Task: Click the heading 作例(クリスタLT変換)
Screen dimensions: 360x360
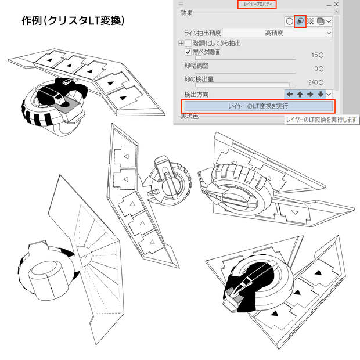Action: [73, 21]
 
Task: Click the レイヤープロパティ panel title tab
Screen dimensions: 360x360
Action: [257, 5]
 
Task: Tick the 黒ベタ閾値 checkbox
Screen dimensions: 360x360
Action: [188, 52]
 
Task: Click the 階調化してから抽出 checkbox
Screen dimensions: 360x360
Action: [188, 43]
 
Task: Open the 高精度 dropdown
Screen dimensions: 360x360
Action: [278, 33]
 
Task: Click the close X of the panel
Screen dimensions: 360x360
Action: [336, 4]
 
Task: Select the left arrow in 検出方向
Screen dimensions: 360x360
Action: [290, 94]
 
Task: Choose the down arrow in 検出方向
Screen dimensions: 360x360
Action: [321, 94]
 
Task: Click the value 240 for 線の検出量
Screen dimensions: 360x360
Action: [313, 82]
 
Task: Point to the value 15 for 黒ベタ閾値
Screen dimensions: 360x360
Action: [315, 55]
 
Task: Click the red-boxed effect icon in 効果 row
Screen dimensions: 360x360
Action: [300, 21]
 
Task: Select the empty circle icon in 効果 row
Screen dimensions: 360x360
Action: [290, 21]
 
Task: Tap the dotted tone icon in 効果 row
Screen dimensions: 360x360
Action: [310, 21]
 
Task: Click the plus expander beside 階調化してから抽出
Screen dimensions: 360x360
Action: [181, 43]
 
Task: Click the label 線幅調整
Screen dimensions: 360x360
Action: [196, 66]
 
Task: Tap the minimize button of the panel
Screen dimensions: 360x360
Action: [329, 5]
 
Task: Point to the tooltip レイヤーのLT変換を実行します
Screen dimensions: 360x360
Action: [322, 120]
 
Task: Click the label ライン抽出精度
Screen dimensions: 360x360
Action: [203, 33]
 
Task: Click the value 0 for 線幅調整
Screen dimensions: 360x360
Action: [316, 69]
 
